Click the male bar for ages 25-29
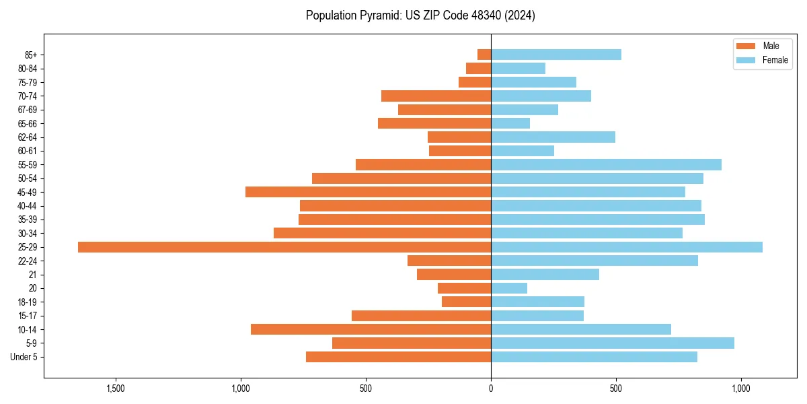click(284, 247)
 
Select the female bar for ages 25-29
click(627, 247)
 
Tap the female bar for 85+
click(556, 55)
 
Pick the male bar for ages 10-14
click(371, 329)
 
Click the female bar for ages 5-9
click(613, 343)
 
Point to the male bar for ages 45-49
click(368, 192)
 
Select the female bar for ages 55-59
click(606, 164)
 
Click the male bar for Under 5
click(398, 357)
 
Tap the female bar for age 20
click(509, 288)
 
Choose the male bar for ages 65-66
click(434, 123)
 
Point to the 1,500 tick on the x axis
click(116, 389)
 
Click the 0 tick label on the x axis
click(491, 389)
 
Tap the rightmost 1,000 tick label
click(740, 389)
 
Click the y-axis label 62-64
click(28, 137)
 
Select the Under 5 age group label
click(24, 357)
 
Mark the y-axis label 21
click(32, 275)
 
